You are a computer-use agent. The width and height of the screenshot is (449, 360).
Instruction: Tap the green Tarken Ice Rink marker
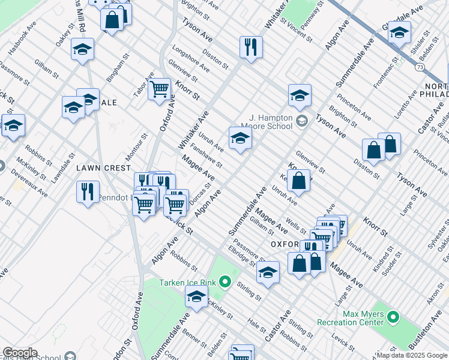[225, 281]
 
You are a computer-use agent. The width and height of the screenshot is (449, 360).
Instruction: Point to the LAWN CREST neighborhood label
[99, 169]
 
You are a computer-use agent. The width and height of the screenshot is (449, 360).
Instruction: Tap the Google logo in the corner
[19, 353]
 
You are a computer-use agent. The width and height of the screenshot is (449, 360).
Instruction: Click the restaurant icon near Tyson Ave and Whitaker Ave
[251, 47]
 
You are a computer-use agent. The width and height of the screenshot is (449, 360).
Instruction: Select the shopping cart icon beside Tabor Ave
[159, 89]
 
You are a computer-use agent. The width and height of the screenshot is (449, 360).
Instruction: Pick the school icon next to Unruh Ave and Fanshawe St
[240, 138]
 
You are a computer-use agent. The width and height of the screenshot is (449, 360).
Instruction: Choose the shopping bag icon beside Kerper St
[298, 180]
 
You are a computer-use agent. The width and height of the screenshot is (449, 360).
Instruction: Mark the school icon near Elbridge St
[268, 272]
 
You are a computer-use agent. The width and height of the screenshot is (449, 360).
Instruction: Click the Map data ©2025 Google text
[412, 355]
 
